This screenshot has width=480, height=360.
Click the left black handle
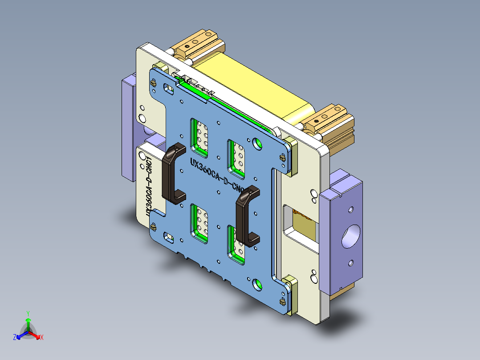coord(171,174)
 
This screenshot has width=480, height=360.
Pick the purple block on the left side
coord(128,127)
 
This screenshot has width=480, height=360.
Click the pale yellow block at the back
coord(254,89)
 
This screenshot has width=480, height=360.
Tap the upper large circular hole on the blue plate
coord(257,143)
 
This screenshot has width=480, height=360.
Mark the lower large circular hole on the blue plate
coord(257,283)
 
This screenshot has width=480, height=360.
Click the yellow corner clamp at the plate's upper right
coord(290,154)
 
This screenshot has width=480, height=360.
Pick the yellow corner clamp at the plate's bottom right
coord(290,294)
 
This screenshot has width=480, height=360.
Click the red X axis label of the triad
coord(42,338)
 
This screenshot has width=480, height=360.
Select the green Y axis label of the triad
coord(28,313)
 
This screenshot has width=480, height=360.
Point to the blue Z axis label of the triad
coord(15,338)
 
